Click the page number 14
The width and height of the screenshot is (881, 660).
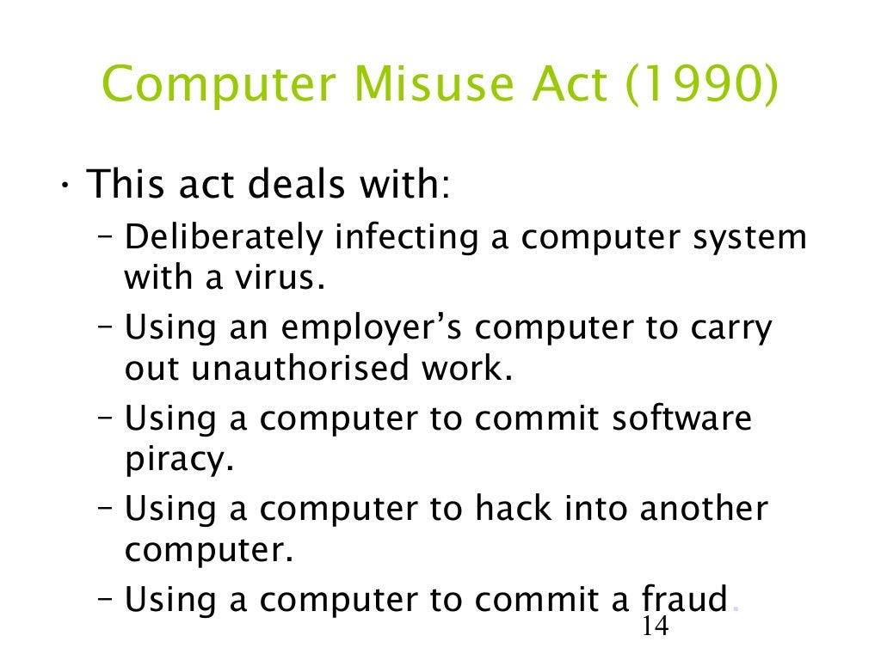click(x=655, y=626)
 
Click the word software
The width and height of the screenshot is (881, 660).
click(x=682, y=419)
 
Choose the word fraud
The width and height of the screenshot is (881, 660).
click(x=685, y=599)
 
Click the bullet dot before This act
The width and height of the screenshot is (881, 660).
click(x=65, y=186)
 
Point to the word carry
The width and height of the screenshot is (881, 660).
click(x=731, y=328)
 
